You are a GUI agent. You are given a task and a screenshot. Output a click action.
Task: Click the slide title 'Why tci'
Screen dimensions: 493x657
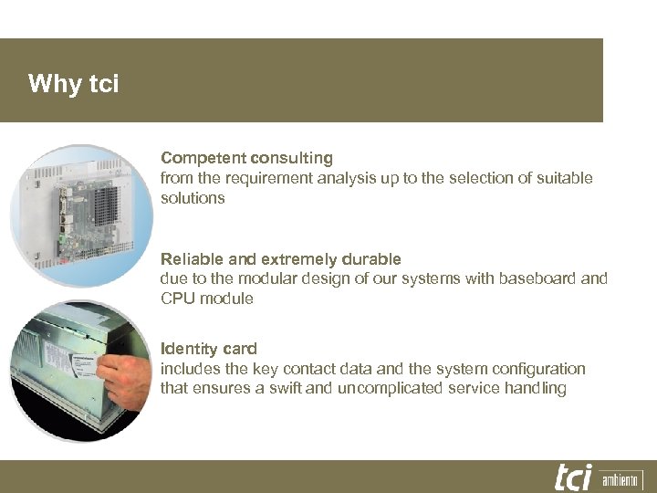click(x=73, y=85)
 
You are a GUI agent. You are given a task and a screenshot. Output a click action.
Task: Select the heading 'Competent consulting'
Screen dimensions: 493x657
click(x=246, y=158)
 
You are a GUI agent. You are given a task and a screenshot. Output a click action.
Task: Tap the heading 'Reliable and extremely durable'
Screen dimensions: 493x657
click(x=280, y=258)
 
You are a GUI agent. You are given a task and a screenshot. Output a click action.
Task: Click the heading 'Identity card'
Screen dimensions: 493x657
click(x=208, y=348)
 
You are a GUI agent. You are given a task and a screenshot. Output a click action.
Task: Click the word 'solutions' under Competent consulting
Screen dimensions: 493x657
click(x=193, y=198)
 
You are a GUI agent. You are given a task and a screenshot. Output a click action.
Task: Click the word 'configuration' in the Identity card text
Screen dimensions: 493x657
click(x=541, y=368)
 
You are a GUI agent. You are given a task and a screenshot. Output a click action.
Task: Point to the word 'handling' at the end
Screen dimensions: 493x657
click(x=537, y=388)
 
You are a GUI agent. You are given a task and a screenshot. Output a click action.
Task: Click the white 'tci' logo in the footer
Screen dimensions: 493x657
click(x=573, y=477)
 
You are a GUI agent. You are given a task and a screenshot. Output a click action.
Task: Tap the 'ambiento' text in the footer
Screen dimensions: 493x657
click(x=620, y=479)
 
